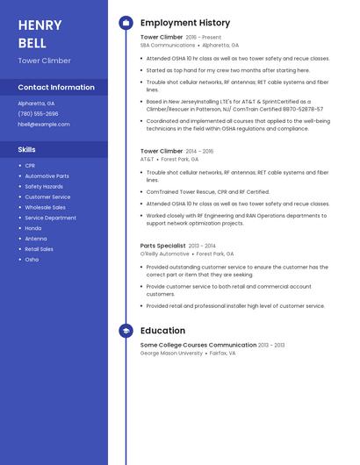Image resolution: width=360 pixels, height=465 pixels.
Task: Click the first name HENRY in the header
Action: (x=40, y=25)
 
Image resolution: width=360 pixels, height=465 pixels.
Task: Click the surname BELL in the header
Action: (x=32, y=43)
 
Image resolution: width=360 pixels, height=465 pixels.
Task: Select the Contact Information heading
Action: (x=56, y=87)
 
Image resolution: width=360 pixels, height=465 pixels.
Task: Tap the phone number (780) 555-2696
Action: (x=38, y=113)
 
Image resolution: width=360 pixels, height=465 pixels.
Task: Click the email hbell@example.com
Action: (x=43, y=124)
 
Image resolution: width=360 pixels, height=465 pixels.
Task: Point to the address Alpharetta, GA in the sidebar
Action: (x=36, y=103)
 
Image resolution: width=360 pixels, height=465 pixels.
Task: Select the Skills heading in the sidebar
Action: (x=26, y=149)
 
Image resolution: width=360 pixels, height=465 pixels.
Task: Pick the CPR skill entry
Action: (x=30, y=165)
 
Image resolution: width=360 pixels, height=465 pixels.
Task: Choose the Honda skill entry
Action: (x=33, y=228)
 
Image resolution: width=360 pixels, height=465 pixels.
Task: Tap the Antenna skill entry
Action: (x=36, y=239)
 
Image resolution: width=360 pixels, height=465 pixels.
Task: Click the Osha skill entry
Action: (x=32, y=260)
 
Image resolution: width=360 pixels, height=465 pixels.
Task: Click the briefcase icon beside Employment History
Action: (x=126, y=23)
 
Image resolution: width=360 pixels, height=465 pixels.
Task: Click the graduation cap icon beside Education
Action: (x=126, y=331)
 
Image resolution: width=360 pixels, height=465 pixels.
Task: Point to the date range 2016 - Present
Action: (x=204, y=38)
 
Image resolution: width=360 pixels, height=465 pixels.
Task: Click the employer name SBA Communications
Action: (x=168, y=45)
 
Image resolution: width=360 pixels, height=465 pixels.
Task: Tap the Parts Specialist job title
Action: (x=163, y=246)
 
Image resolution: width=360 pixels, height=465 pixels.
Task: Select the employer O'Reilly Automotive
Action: (x=165, y=254)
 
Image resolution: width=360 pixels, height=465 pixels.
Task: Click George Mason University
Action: (x=171, y=353)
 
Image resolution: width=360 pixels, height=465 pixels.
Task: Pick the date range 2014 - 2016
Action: (x=199, y=151)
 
